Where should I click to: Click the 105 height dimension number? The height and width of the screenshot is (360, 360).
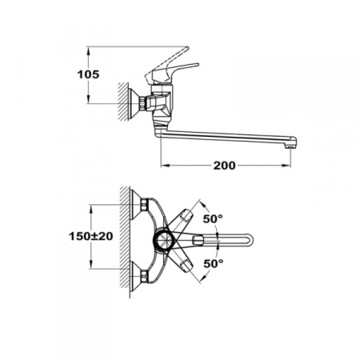coord(89,74)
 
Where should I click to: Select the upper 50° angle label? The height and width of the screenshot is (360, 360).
coord(212,218)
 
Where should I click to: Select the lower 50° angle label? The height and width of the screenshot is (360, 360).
coord(212,262)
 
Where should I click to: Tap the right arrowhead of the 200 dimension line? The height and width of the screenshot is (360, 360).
coord(289,167)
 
